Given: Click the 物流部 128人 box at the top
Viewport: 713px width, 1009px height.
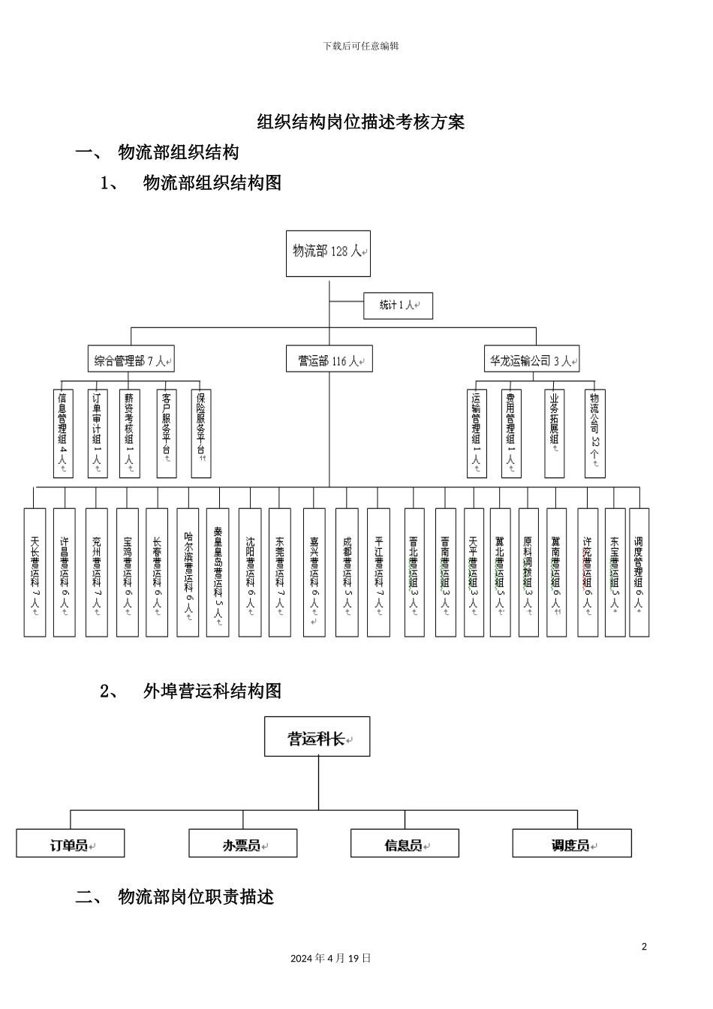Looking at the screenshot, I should click(x=328, y=253).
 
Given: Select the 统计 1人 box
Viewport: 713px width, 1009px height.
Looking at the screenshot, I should click(x=398, y=306).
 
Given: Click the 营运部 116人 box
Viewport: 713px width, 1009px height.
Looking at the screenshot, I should click(x=329, y=360).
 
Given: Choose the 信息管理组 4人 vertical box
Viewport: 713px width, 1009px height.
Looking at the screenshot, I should click(x=63, y=433).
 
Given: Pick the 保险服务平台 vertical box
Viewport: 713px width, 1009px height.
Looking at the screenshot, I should click(x=200, y=433).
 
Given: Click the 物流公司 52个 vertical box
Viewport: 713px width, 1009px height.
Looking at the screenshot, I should click(x=594, y=433).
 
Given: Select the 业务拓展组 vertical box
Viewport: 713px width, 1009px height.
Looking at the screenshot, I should click(x=554, y=433).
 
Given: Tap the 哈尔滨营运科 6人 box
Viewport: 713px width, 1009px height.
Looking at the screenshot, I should click(x=188, y=573).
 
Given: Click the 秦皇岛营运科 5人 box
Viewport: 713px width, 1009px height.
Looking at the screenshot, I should click(x=218, y=573).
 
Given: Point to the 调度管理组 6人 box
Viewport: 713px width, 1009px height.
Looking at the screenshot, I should click(x=639, y=573).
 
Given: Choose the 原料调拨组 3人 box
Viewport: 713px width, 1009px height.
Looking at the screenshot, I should click(x=528, y=573).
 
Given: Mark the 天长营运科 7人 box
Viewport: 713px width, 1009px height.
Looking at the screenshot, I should click(x=35, y=573).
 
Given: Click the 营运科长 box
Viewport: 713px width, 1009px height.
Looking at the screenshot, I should click(x=317, y=736).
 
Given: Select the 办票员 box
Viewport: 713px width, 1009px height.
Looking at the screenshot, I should click(x=242, y=843).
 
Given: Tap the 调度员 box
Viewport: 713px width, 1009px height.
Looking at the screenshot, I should click(x=571, y=843).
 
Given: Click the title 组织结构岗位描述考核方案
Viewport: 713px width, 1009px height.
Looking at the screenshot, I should click(x=361, y=122).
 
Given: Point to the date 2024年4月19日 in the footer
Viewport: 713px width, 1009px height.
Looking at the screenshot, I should click(x=330, y=958).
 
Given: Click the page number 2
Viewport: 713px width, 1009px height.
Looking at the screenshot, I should click(x=644, y=946).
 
